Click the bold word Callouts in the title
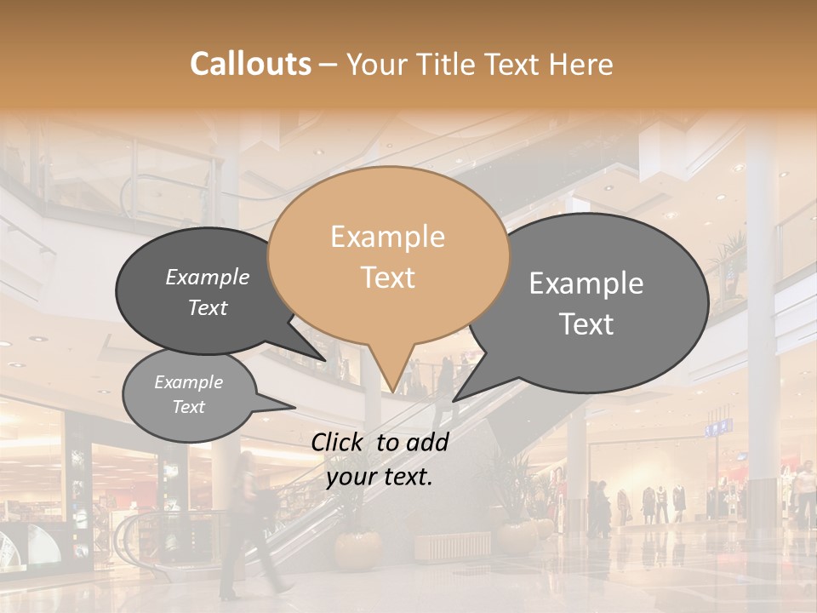pos(250,64)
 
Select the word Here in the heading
pos(579,64)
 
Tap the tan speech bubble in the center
pos(388,255)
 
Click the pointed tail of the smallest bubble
pos(293,408)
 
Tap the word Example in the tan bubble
pos(388,237)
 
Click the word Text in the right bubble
pos(587,324)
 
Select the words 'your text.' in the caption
pos(380,478)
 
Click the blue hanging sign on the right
pos(717,427)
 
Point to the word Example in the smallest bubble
pos(189,382)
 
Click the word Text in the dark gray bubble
pos(208,308)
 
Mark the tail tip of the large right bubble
pos(454,400)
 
